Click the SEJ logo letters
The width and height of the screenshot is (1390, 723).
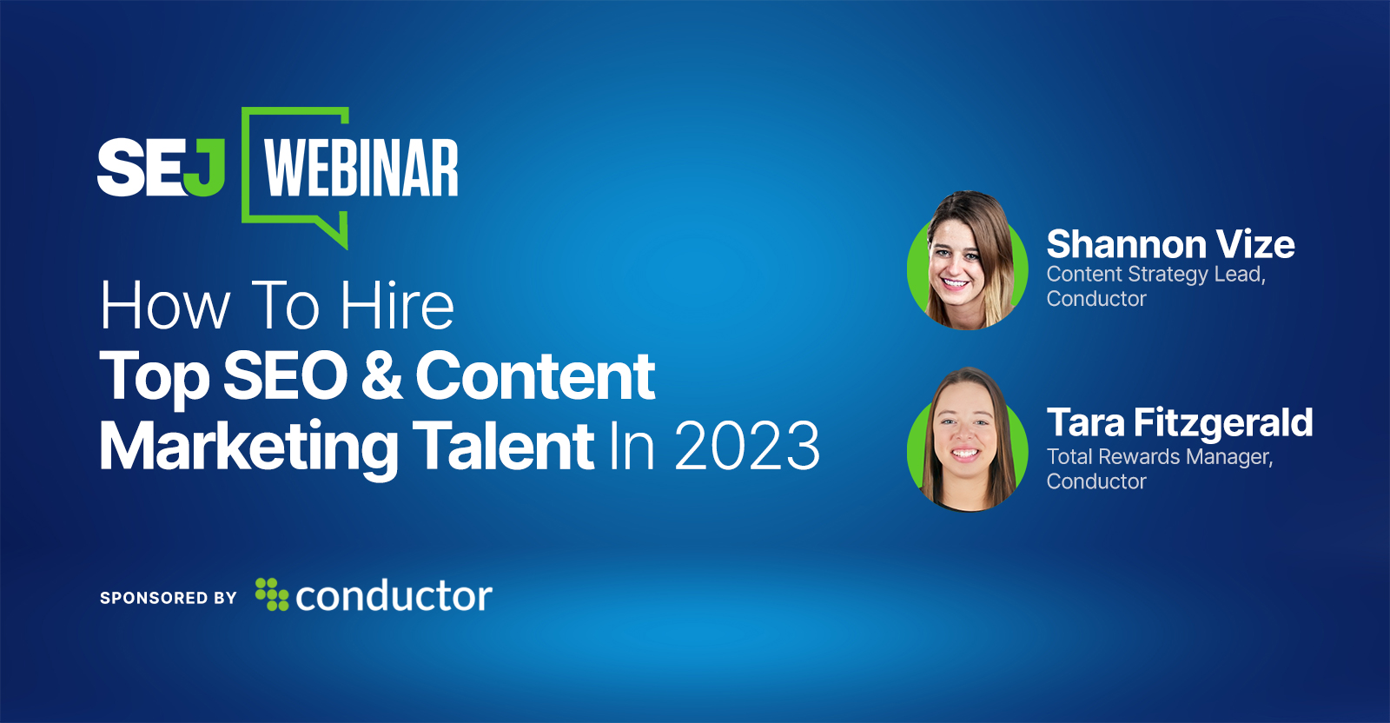coord(161,167)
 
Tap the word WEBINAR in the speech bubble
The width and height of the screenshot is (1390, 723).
coord(361,168)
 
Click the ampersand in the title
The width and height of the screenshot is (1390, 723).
coord(381,375)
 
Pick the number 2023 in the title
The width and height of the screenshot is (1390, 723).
coord(747,445)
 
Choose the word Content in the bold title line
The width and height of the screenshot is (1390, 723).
coord(535,375)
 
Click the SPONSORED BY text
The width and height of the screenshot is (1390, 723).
coord(169,598)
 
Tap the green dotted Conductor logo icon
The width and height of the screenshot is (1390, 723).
coord(272,594)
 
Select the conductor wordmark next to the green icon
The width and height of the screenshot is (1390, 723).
coord(394,596)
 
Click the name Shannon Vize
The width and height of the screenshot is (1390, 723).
coord(1170,244)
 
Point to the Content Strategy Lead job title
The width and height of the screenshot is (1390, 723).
coord(1156,275)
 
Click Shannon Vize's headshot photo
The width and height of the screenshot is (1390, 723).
coord(968,261)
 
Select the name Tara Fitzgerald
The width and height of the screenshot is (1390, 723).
coord(1180,423)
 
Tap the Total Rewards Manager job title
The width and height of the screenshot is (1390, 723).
coord(1160,457)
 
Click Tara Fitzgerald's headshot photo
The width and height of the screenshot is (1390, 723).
coord(968,440)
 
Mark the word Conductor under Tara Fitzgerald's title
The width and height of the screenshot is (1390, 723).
coord(1096,481)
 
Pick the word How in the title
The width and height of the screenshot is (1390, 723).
coord(165,305)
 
